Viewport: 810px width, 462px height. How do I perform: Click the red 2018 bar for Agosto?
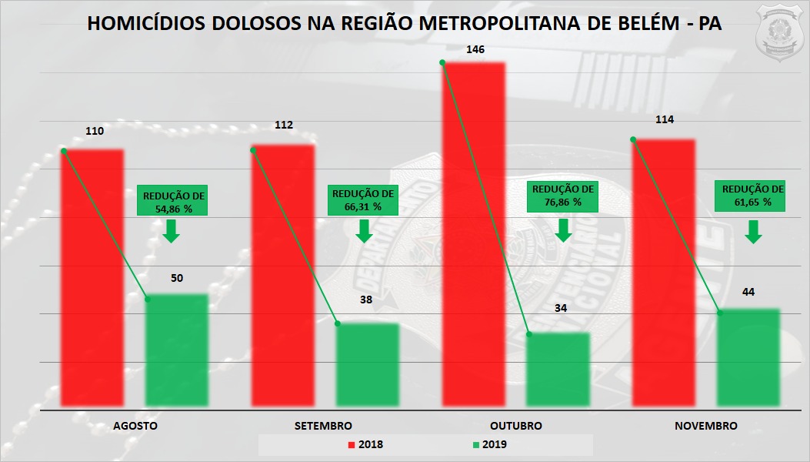[92, 277]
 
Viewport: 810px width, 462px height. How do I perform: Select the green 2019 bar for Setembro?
[367, 363]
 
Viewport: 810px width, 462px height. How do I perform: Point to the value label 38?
[366, 300]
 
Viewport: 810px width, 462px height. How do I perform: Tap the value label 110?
[94, 131]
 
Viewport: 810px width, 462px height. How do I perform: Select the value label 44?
[748, 292]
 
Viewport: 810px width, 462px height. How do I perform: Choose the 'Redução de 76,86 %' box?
[564, 196]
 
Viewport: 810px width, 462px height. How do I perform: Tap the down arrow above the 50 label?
[172, 230]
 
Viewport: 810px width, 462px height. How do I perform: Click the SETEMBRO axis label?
[323, 426]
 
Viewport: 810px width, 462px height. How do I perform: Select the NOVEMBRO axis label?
[705, 426]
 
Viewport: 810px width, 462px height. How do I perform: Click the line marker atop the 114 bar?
[633, 139]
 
